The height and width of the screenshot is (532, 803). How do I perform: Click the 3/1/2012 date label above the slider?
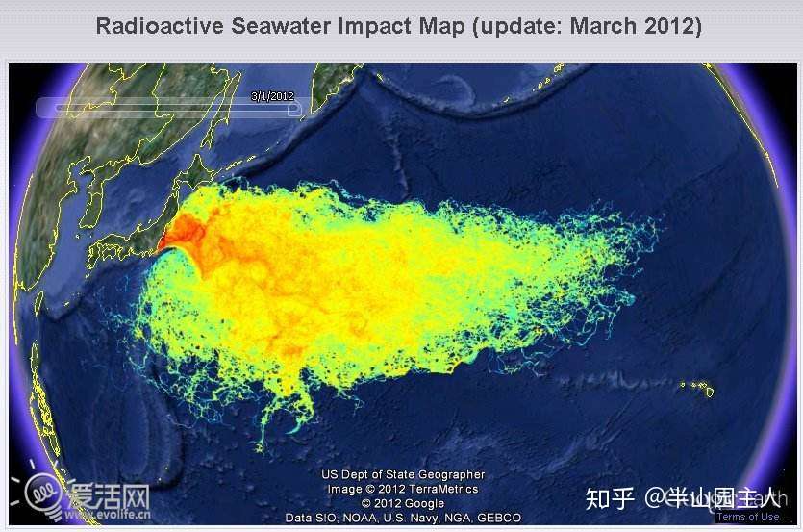[271, 96]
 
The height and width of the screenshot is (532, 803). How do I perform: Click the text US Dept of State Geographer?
[403, 474]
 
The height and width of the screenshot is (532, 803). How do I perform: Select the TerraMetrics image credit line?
[403, 489]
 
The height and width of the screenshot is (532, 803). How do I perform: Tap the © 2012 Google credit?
[403, 503]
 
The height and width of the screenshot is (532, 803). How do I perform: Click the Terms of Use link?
[747, 517]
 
